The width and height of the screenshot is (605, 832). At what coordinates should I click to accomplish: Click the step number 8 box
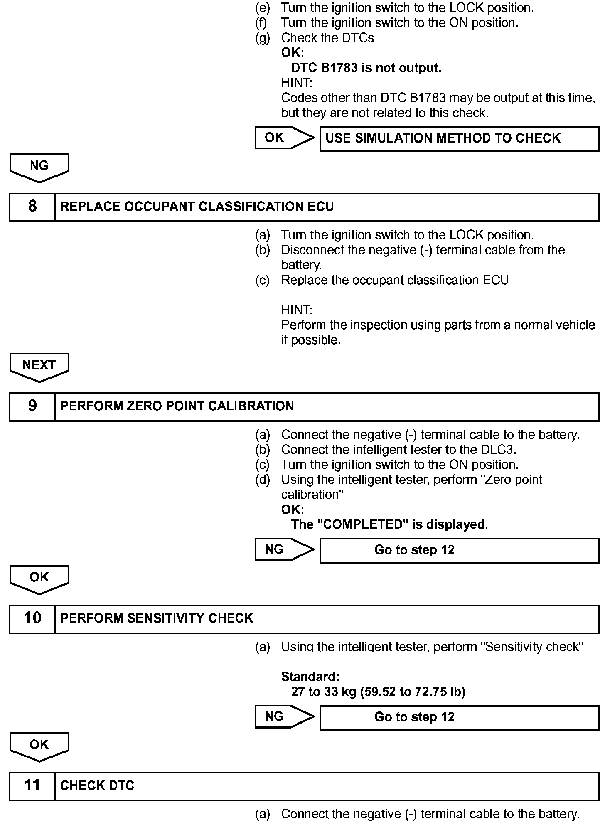32,207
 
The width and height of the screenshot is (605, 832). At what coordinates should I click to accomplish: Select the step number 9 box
32,406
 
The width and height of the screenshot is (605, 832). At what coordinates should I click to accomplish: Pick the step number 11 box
32,785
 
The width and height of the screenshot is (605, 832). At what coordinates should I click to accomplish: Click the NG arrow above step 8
39,167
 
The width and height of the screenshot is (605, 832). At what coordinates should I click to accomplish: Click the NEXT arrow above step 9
39,366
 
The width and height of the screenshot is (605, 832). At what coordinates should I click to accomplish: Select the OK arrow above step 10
39,578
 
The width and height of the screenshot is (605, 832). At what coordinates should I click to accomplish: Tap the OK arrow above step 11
39,746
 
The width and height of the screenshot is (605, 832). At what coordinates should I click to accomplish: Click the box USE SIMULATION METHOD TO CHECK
459,138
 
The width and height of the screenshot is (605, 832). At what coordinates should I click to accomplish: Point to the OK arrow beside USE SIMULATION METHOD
284,138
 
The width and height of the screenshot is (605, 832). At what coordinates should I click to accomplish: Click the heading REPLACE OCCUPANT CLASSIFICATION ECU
197,207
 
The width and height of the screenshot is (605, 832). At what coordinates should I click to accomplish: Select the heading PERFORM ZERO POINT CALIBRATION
177,406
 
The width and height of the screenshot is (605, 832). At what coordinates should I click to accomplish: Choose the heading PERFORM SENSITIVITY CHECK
157,618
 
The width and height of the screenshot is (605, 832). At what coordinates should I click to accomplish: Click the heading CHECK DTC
97,785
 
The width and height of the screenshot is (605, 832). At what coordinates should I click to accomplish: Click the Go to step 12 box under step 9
459,550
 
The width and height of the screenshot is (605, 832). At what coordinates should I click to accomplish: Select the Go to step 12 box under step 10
459,717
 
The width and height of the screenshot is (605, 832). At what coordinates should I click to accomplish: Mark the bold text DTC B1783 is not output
366,68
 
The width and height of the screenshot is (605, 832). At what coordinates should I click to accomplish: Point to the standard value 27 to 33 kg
378,692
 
